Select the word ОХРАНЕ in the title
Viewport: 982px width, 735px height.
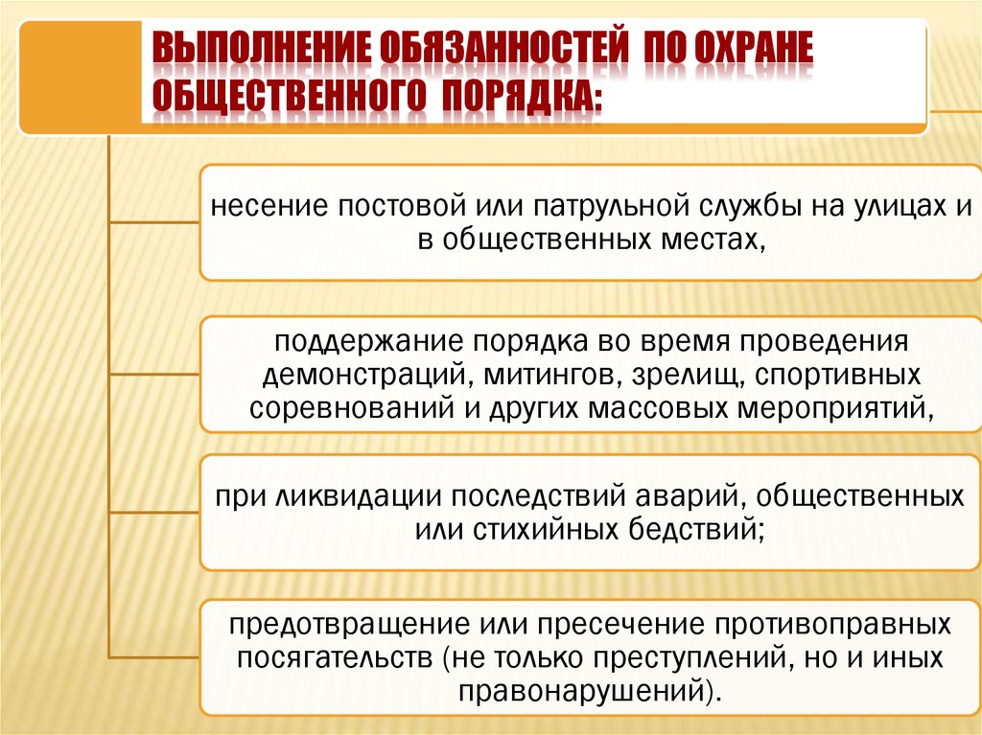pos(739,50)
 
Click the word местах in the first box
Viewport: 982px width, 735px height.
pos(713,239)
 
